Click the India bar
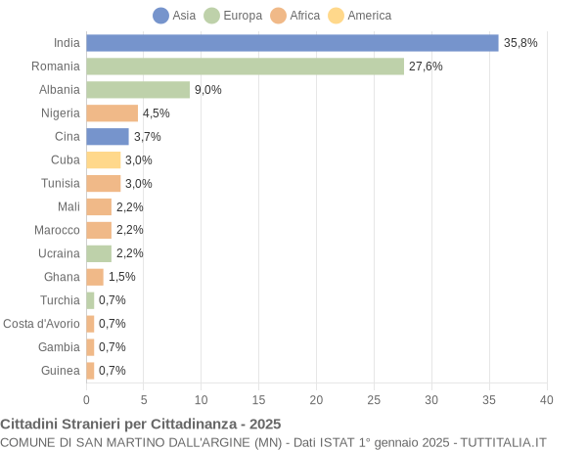coord(293,43)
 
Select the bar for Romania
coord(245,67)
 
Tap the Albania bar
coord(138,90)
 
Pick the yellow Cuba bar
coord(103,159)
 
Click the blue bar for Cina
coord(108,137)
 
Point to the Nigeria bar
coord(112,113)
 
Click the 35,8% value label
coord(520,43)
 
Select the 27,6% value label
coord(426,67)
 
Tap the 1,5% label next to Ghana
coord(121,277)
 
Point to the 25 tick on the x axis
coord(374,400)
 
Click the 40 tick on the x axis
coord(546,400)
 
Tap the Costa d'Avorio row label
coord(41,324)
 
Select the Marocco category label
coord(57,230)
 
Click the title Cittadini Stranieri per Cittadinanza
coord(141,425)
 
